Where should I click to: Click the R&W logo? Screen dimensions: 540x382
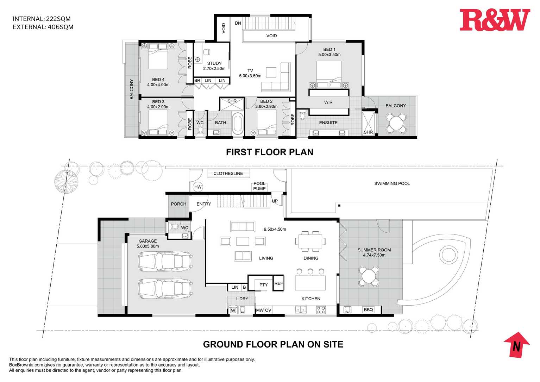pos(495,20)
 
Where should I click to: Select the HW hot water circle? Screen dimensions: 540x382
pos(198,187)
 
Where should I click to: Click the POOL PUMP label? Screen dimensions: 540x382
pos(259,186)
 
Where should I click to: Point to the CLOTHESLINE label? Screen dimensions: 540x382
pos(228,173)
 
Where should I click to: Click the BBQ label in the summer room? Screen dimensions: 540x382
pos(368,310)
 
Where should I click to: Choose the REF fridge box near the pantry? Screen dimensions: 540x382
pos(278,283)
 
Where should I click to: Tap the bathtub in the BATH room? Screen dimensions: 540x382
pos(238,124)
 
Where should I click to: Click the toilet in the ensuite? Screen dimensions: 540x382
pos(303,114)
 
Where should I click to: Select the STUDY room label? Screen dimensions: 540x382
pos(214,63)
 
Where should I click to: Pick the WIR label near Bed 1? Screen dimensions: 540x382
pos(328,102)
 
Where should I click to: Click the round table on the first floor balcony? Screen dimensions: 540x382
pos(396,123)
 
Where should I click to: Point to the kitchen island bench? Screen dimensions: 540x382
pos(310,283)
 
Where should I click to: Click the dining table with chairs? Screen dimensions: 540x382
pos(310,241)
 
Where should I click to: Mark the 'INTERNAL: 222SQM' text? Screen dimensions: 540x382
pos(42,19)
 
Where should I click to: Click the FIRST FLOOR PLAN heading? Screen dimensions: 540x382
pos(270,152)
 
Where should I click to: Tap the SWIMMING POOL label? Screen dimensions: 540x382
pos(392,183)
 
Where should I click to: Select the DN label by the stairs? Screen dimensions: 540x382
pos(238,23)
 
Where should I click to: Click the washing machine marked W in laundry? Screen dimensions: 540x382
pos(233,310)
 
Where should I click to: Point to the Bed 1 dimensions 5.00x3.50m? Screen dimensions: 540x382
pos(329,55)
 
